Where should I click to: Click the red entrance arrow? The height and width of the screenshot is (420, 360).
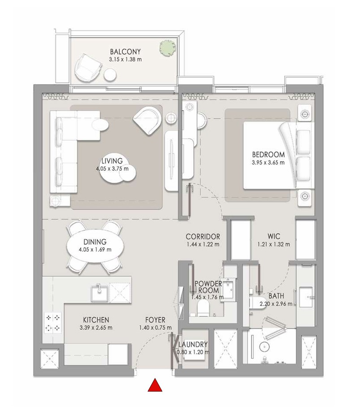(155, 385)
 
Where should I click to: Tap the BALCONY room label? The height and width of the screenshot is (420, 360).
(125, 52)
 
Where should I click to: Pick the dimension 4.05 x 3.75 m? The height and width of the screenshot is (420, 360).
(112, 169)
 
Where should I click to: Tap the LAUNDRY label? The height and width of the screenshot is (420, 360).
(192, 344)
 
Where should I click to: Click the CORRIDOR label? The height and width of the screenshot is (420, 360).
(203, 236)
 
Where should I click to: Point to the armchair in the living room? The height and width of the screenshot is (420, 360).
(147, 119)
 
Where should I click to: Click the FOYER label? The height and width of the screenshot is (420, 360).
(155, 320)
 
